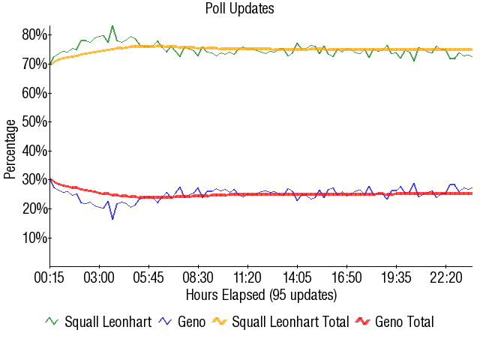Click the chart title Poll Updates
pos(240,9)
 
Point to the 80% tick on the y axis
pos(35,34)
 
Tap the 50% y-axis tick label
pos(35,121)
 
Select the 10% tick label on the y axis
pos(35,238)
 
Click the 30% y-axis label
pos(35,180)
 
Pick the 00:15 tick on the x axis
pos(50,278)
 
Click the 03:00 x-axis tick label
pos(99,278)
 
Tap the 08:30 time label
pos(198,278)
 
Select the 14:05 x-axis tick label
pos(297,278)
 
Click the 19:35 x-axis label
pos(396,278)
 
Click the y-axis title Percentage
pos(10,151)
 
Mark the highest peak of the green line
pos(112,26)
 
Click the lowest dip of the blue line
pos(112,218)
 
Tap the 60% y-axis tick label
pos(35,93)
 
